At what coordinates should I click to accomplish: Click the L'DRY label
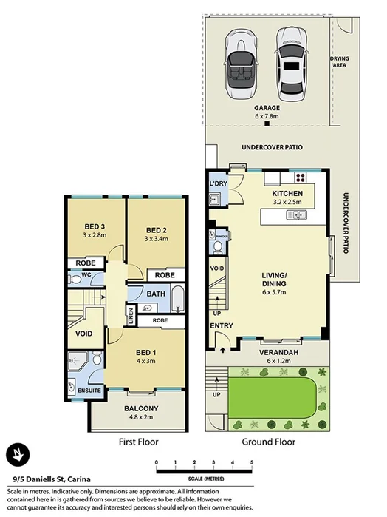point(218,183)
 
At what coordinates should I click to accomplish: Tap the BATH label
point(155,294)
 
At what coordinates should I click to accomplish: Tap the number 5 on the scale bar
point(252,462)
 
